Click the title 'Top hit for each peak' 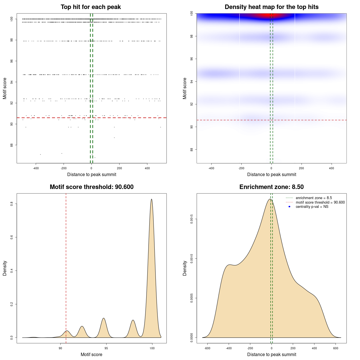coord(91,7)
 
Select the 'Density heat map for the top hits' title coord(271,7)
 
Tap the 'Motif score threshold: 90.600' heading coord(91,187)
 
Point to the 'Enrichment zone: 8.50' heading coord(271,187)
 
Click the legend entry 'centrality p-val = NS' coord(312,207)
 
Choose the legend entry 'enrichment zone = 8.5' coord(314,198)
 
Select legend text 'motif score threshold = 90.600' coord(320,202)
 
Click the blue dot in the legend coord(289,207)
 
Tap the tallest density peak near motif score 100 coord(152,199)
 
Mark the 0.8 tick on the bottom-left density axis coord(12,204)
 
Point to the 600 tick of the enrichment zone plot coord(336,348)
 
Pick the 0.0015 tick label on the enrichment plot coord(192,219)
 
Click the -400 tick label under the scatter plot coord(36,168)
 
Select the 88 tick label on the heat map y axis coord(192,149)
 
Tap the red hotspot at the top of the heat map coord(267,15)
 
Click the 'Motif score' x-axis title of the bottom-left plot coord(91,354)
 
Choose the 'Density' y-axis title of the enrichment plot coord(185,268)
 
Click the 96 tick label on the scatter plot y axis coord(12,61)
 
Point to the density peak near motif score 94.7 coord(104,318)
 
